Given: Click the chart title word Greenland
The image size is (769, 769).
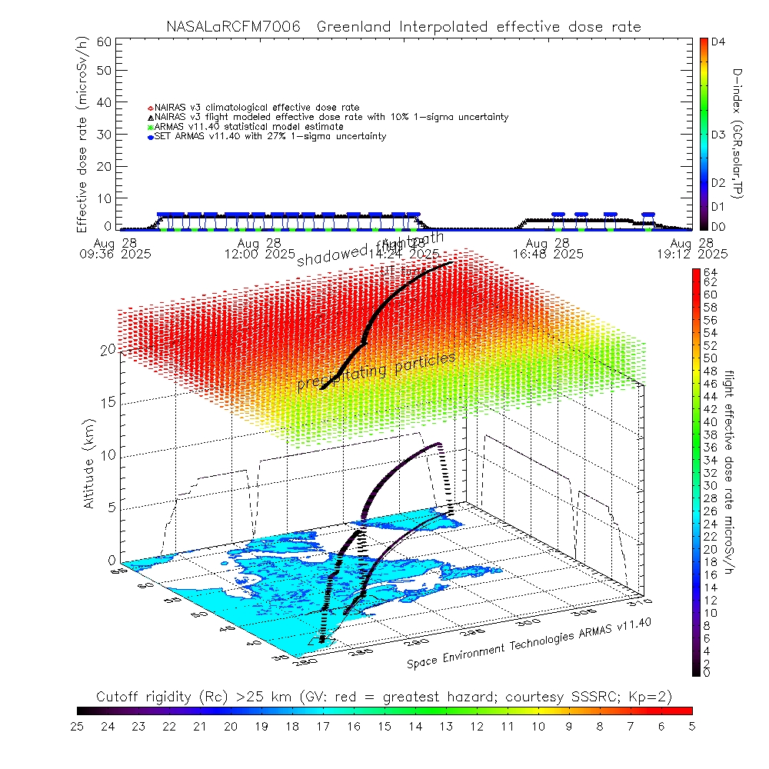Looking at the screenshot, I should pyautogui.click(x=356, y=27).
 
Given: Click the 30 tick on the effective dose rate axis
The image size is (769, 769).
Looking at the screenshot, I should pyautogui.click(x=104, y=135).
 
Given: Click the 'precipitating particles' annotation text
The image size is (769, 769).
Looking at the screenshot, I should pyautogui.click(x=376, y=372).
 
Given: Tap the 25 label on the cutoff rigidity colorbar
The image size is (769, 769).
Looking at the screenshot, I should pyautogui.click(x=78, y=725).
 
